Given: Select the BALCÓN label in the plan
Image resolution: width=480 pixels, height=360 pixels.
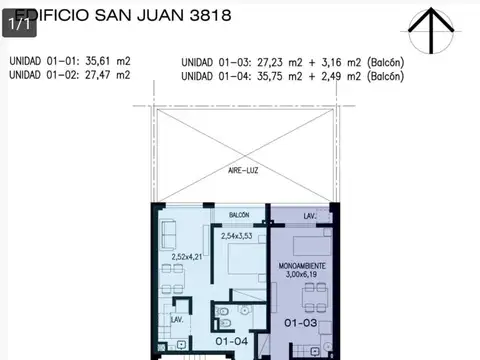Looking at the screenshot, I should tap(239, 216).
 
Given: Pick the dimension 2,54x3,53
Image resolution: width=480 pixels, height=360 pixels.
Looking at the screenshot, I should tap(237, 236).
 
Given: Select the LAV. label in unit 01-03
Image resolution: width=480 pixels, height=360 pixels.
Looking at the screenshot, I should tap(310, 216).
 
